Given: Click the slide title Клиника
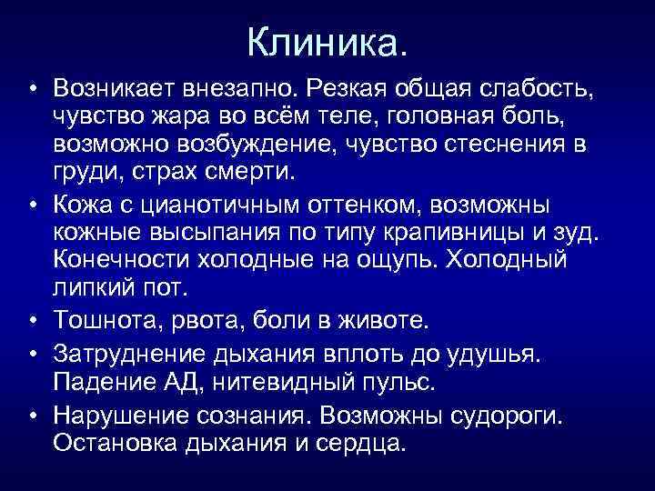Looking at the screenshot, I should tap(327, 39).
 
